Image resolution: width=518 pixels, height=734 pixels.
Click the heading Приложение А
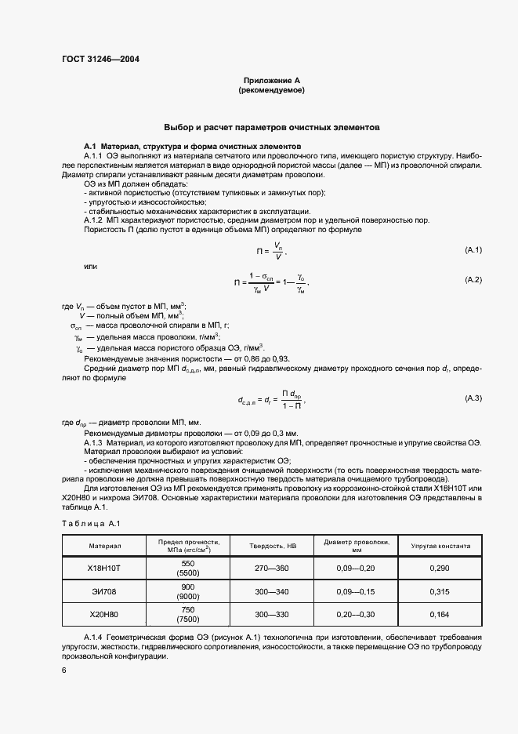271,81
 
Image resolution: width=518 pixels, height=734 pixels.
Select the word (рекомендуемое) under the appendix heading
271,91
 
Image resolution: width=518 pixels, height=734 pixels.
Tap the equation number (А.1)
473,249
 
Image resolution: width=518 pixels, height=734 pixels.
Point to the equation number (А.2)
473,280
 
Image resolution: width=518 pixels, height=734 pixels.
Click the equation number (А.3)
473,398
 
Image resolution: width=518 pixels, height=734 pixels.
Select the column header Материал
104,546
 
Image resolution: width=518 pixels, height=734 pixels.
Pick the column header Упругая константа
440,546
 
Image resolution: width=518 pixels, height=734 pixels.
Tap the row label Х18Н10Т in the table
104,568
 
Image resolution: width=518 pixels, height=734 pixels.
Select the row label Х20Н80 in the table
104,614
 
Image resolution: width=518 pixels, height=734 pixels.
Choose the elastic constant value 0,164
440,614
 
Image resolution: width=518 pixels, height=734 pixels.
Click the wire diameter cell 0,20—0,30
356,614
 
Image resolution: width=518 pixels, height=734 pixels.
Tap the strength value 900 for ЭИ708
187,587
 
